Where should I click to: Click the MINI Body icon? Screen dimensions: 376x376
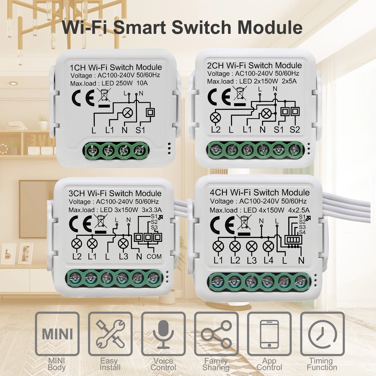click(x=57, y=334)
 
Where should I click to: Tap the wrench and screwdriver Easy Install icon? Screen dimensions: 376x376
click(x=110, y=334)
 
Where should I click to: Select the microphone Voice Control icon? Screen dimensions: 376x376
click(x=163, y=334)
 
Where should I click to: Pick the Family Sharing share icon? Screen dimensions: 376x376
click(x=216, y=334)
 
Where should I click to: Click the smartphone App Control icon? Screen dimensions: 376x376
click(x=269, y=334)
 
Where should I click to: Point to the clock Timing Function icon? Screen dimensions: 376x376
click(x=322, y=334)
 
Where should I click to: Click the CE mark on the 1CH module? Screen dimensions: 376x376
click(x=83, y=98)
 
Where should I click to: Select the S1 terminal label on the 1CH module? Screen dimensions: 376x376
click(x=140, y=130)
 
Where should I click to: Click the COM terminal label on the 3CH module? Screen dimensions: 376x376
click(x=154, y=257)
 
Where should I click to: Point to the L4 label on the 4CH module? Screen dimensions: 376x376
click(x=269, y=260)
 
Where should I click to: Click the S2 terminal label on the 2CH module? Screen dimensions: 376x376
click(x=295, y=129)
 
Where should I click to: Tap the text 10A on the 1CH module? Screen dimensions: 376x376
click(x=142, y=83)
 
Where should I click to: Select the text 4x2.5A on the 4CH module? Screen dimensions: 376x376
click(x=299, y=210)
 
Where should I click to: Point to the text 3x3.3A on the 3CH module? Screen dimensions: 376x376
click(x=152, y=210)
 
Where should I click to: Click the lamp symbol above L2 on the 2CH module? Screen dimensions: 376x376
click(x=215, y=117)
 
